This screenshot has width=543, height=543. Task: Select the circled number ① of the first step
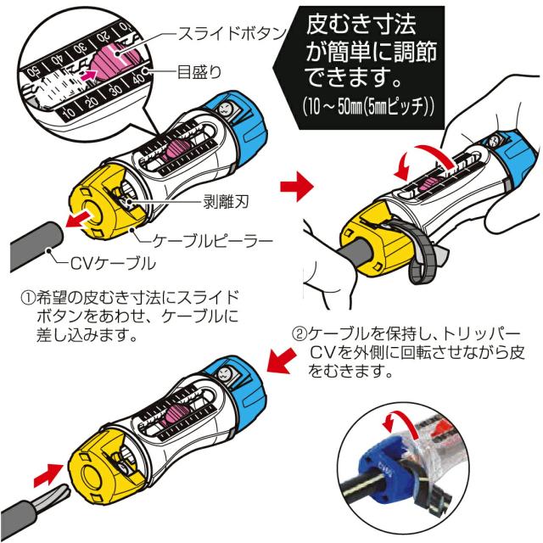[x=26, y=298]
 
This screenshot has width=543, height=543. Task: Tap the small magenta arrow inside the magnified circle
[x=85, y=77]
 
